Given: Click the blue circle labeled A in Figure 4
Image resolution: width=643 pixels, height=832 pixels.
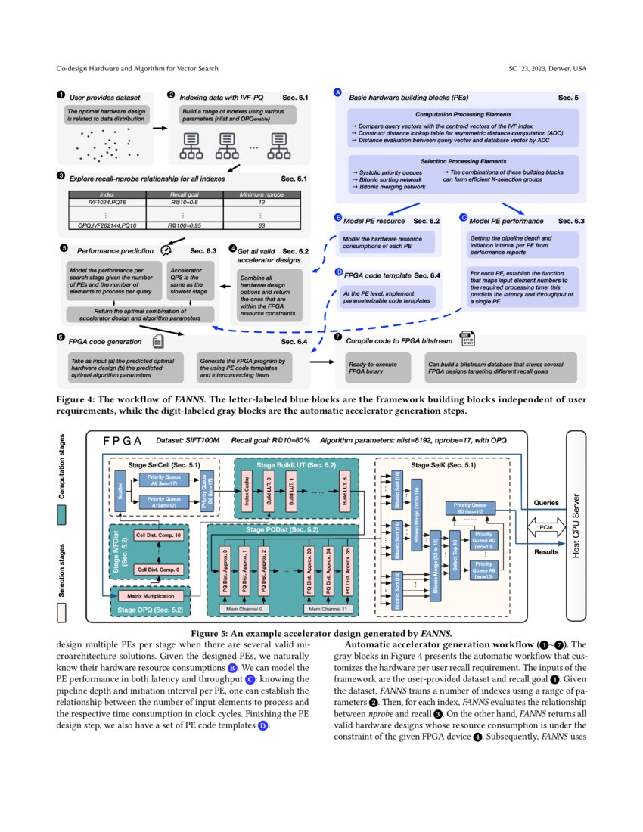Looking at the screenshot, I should coord(337,92).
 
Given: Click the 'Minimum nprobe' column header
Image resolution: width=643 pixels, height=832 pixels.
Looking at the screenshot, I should coord(261,195).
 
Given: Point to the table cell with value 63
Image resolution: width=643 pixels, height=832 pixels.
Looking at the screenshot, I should coord(261,225).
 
